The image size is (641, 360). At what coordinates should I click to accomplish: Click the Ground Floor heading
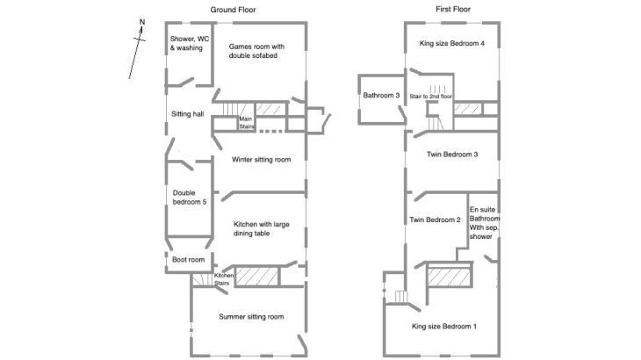233,10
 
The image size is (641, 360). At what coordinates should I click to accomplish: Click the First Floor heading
453,10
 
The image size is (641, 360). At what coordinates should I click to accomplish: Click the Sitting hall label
188,114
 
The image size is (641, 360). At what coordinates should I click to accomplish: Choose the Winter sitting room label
261,160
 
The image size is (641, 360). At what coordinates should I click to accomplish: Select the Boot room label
188,260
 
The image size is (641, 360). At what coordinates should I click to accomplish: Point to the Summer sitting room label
252,317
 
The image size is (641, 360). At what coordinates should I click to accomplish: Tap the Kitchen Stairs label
224,280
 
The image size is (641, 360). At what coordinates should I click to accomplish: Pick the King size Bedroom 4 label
452,43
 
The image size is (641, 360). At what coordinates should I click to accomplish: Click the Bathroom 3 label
382,95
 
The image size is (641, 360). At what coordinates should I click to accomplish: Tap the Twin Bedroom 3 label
452,155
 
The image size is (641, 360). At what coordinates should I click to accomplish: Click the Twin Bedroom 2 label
436,220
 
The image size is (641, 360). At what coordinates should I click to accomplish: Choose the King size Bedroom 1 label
444,327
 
